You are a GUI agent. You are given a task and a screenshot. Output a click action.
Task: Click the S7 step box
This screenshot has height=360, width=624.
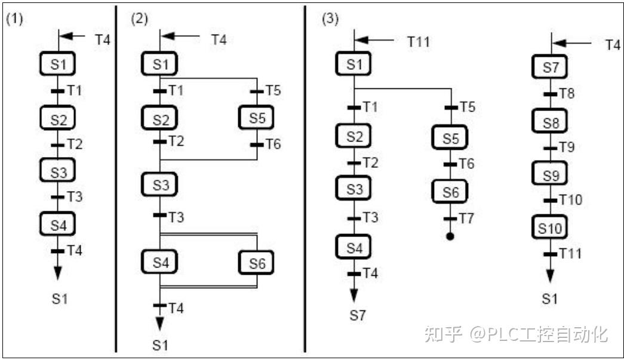pos(550,67)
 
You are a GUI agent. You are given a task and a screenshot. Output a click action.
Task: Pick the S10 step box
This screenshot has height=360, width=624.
pos(550,227)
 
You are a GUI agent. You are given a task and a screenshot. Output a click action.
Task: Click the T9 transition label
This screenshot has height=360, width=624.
pos(567,147)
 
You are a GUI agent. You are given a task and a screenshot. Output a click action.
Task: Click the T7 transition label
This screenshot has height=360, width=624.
pos(466,218)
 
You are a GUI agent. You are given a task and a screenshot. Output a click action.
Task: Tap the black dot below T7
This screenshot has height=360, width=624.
pos(450,236)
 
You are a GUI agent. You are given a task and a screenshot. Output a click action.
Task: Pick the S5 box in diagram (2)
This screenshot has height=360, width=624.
pos(257,118)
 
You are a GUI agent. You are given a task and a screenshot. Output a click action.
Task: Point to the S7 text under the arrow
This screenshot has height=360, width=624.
pos(356,315)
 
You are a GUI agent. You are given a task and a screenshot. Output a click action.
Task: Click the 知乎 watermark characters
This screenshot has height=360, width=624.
pos(443,334)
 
